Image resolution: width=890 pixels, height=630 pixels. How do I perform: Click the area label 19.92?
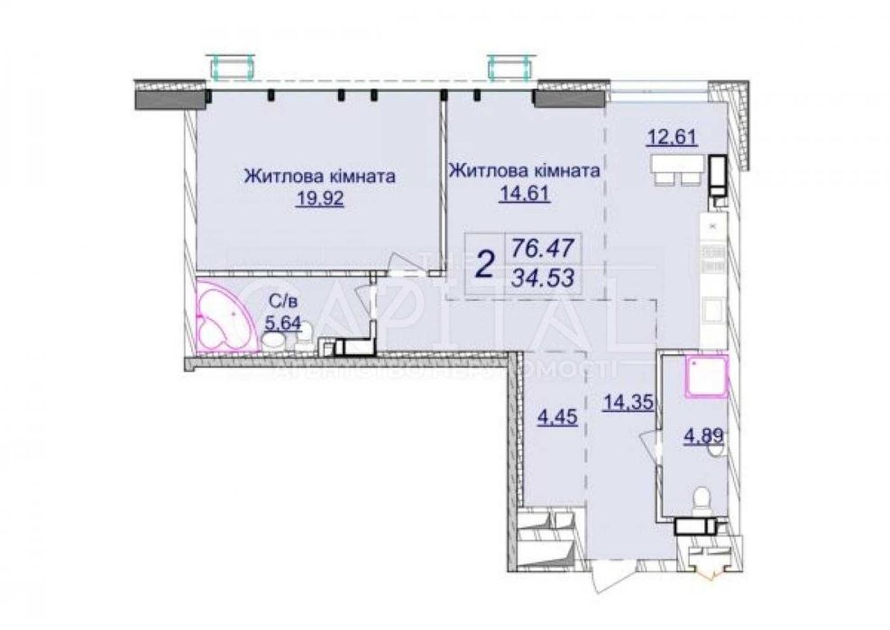319,199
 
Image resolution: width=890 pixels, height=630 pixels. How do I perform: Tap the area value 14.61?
524,192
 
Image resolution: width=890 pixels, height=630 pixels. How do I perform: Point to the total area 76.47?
546,246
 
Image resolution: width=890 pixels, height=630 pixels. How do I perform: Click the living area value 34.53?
546,276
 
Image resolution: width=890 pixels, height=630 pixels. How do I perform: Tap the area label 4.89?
702,439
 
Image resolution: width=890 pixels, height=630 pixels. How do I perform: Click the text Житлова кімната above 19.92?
319,177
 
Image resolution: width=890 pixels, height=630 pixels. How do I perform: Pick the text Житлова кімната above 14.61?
524,170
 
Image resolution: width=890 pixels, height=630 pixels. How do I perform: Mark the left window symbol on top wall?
231,66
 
